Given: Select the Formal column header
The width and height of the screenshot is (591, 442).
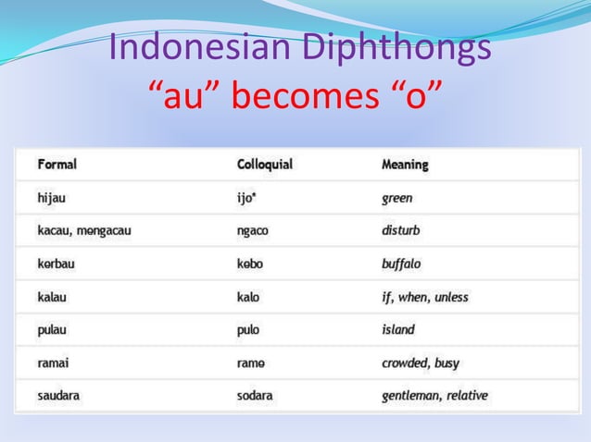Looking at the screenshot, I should point(57,165).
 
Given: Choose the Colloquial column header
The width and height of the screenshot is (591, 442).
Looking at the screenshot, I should point(265,165).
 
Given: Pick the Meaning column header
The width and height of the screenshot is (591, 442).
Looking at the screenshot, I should point(405,165).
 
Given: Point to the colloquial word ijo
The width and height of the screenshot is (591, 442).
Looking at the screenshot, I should point(250,198).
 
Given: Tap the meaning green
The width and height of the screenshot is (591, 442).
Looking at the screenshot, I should point(397,198).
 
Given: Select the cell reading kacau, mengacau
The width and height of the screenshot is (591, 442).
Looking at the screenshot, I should point(84,230).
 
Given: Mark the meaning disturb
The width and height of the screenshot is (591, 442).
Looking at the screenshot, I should point(401,230).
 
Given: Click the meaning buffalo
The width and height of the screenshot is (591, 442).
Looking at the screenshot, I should point(401,264).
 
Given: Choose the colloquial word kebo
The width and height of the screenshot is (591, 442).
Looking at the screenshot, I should point(250,264).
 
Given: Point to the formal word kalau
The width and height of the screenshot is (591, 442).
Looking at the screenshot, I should point(54,297).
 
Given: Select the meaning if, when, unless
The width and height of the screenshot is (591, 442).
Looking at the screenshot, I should point(425,297).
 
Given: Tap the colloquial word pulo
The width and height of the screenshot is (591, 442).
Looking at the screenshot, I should point(249,329).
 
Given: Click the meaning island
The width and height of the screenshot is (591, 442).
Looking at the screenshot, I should point(398,329).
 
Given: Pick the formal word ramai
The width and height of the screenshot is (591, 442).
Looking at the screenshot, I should point(54,362).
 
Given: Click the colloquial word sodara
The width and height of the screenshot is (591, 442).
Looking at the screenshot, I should point(256,396).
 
